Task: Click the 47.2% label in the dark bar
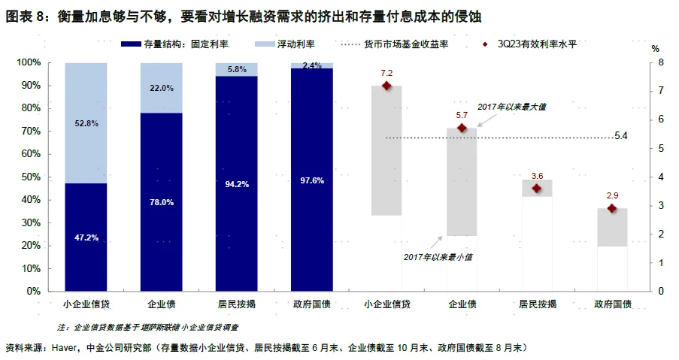[86, 237]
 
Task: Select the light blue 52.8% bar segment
[86, 123]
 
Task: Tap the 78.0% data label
[161, 202]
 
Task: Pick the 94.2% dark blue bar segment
[236, 183]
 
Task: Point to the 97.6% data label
[311, 180]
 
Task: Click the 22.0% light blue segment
[161, 88]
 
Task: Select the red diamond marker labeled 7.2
[387, 86]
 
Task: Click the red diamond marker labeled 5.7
[462, 129]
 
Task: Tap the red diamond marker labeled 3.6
[537, 188]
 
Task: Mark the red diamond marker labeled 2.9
[612, 208]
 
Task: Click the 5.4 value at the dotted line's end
[621, 136]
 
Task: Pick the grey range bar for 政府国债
[612, 227]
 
